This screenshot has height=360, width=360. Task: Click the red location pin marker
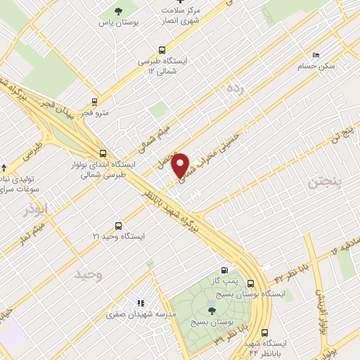point(181,165)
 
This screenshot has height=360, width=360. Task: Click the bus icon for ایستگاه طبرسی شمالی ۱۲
point(163,50)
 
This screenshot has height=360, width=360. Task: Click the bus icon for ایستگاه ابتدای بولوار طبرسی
point(103,153)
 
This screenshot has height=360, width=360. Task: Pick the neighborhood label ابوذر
point(33,210)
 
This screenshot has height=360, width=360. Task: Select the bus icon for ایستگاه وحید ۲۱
point(117,226)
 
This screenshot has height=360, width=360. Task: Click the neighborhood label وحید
point(89,274)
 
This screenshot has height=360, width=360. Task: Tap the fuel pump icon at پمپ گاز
point(224,269)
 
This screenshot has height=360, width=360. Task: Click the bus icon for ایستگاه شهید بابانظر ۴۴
point(265,333)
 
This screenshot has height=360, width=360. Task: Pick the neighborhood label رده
point(233,89)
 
